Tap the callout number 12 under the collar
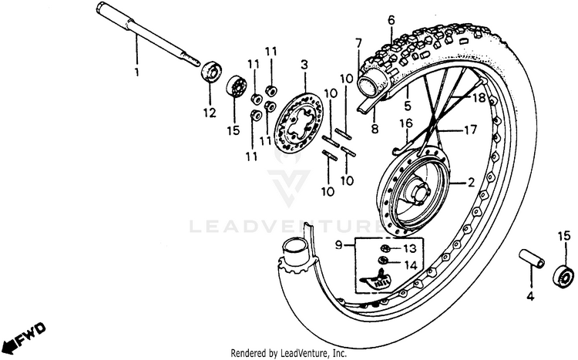click(x=207, y=113)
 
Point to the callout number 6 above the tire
click(x=391, y=19)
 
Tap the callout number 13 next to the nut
click(x=409, y=248)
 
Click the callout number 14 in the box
click(x=409, y=264)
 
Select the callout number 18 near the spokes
click(x=479, y=98)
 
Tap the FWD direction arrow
click(x=23, y=335)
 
